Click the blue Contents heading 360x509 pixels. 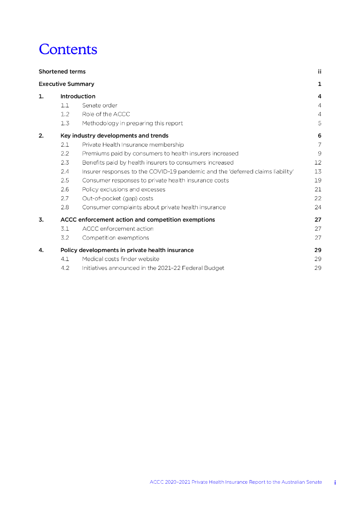tap(68, 50)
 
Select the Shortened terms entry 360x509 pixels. tap(62, 72)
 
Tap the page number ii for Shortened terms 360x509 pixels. tap(320, 72)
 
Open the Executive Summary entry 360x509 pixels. tap(66, 84)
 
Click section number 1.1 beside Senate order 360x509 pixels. tap(65, 105)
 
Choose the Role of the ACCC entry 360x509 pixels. tap(106, 114)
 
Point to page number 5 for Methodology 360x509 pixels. tap(320, 123)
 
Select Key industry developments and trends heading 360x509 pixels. tap(114, 136)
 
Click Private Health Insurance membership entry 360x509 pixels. tap(133, 145)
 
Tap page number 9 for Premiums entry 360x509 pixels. tap(320, 154)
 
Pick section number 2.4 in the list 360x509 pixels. tap(65, 171)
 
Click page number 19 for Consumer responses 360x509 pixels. tap(318, 180)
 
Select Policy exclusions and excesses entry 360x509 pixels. tap(124, 189)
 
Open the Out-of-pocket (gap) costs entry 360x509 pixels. tap(118, 198)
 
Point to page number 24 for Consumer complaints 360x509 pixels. tap(318, 207)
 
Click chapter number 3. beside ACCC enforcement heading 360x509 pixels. tap(41, 220)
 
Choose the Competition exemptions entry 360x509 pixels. tap(115, 238)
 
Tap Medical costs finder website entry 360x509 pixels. tap(121, 259)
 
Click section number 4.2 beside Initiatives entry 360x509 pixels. tap(65, 268)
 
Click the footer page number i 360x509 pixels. tap(335, 482)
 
